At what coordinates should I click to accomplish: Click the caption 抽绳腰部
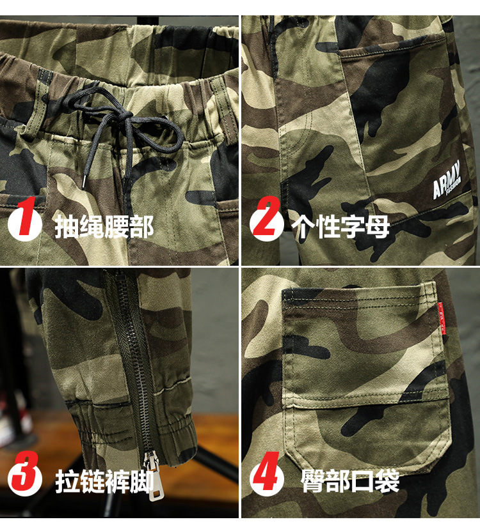click(x=104, y=226)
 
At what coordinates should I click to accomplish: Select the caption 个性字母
click(x=340, y=226)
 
